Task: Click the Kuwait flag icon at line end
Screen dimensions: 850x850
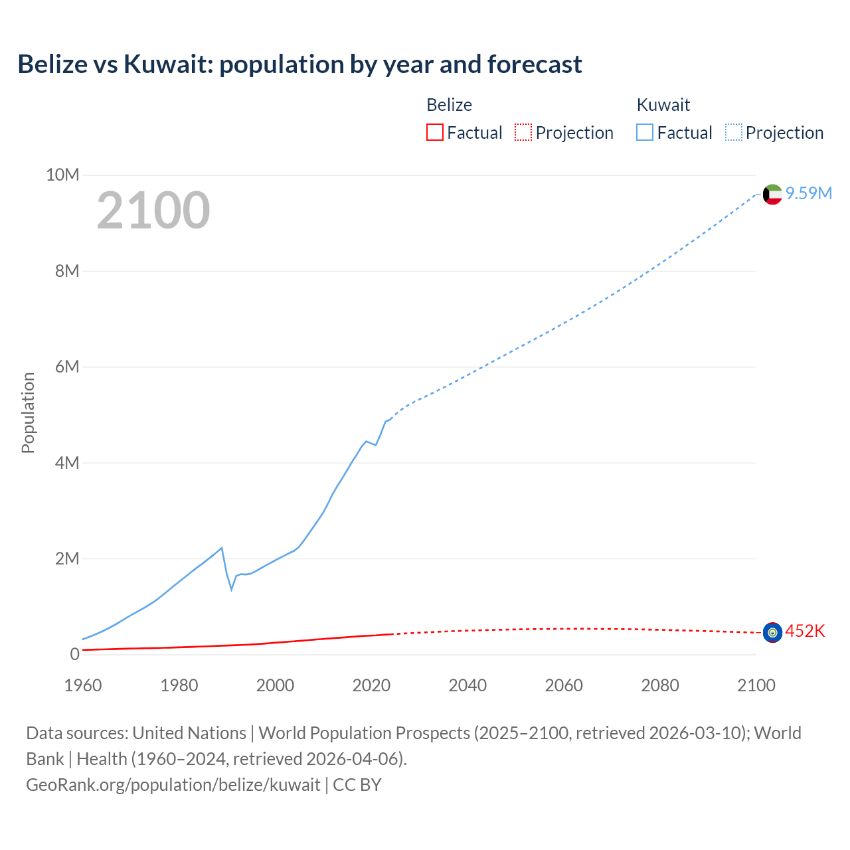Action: (772, 195)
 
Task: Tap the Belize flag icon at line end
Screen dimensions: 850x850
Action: (772, 632)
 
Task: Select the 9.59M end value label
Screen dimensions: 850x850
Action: (809, 193)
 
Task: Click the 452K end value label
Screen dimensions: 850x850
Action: (805, 631)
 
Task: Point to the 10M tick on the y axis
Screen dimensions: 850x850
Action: (62, 175)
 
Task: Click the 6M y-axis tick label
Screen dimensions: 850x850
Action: (67, 367)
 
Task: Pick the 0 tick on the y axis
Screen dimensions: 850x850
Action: (74, 654)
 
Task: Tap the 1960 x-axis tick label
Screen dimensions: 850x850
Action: (83, 685)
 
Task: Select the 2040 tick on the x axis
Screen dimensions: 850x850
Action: (467, 685)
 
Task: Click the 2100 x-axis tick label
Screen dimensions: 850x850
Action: (756, 685)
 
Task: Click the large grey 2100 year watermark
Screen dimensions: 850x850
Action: (153, 211)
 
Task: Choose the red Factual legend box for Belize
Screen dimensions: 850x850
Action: (434, 132)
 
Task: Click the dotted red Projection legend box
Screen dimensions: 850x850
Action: (523, 132)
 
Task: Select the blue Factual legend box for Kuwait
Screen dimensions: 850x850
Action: (644, 132)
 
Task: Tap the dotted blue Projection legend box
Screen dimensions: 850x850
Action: (733, 132)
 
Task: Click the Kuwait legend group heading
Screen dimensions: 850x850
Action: (663, 105)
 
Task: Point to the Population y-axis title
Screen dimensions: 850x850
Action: (28, 412)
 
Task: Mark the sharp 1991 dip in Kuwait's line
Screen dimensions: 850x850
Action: (232, 588)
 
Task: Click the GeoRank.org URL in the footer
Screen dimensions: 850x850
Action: (173, 784)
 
